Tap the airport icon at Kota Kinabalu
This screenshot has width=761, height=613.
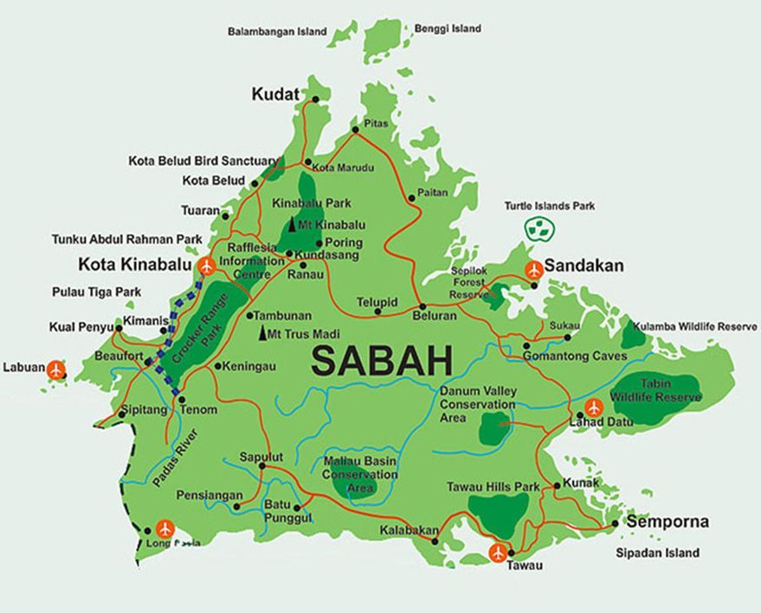click(206, 266)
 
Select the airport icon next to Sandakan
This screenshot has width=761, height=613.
click(533, 269)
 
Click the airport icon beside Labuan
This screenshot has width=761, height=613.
click(57, 370)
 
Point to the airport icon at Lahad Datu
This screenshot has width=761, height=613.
click(594, 407)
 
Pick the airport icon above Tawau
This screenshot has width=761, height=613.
click(498, 552)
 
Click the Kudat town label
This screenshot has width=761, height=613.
click(274, 94)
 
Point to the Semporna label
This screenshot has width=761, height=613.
click(667, 522)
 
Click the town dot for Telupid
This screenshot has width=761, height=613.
click(378, 312)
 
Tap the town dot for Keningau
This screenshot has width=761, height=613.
click(217, 366)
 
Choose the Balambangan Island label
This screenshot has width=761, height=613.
click(277, 32)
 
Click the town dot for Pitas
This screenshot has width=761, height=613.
click(355, 130)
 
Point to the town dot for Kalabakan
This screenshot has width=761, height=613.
click(435, 541)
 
